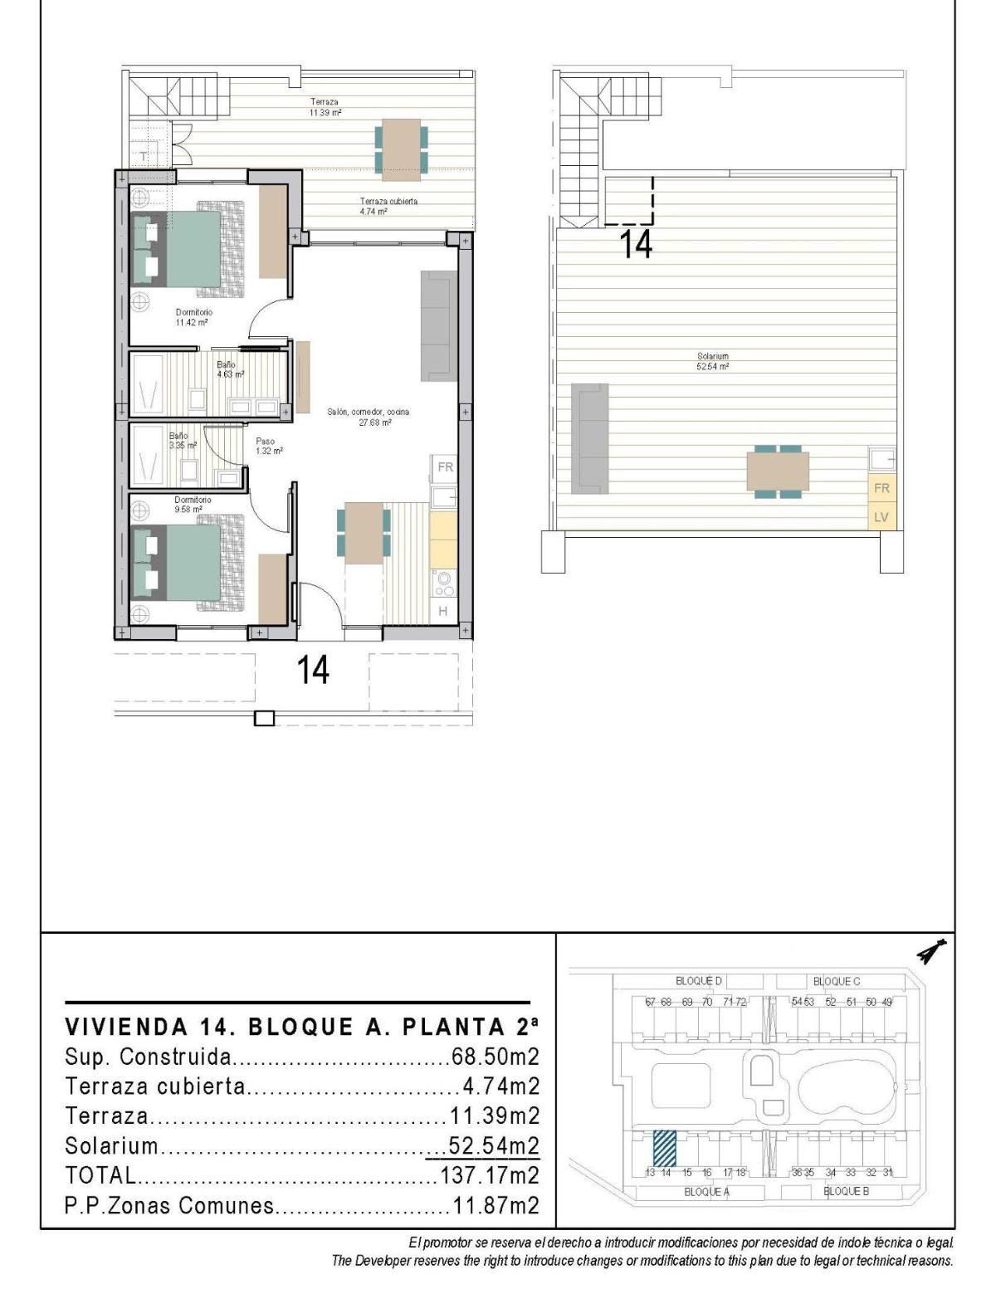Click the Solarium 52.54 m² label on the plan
click(x=712, y=361)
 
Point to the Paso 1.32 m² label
click(x=269, y=446)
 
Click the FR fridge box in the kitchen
click(x=445, y=467)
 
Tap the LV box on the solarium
click(x=881, y=517)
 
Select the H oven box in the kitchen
click(x=443, y=612)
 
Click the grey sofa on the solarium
click(x=589, y=437)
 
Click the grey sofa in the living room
click(x=438, y=325)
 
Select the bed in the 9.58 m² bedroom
click(x=187, y=563)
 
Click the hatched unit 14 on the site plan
click(x=664, y=1148)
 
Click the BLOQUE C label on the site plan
click(x=836, y=981)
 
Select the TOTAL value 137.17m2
click(x=489, y=1175)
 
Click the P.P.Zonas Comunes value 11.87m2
click(x=496, y=1205)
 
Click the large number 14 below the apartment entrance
click(x=313, y=670)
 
